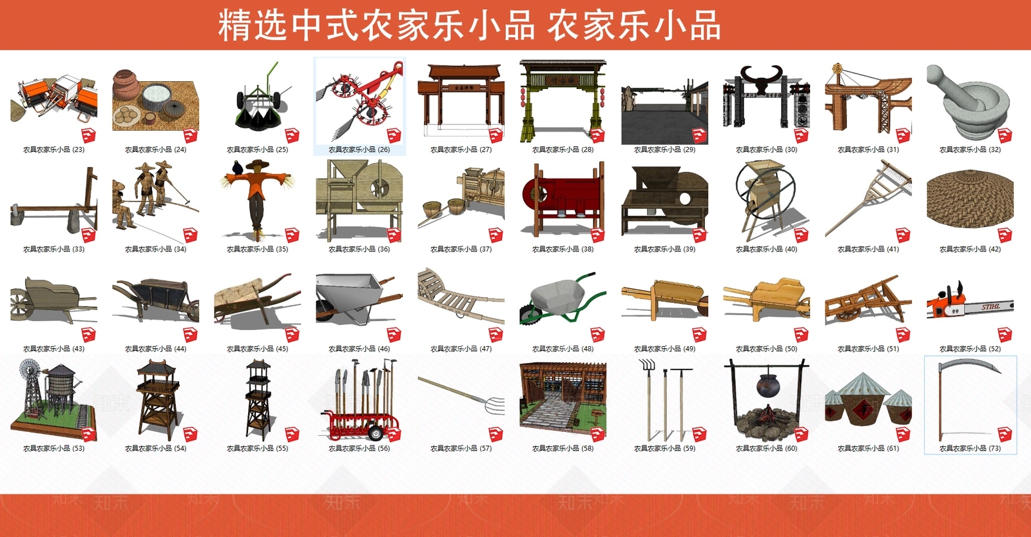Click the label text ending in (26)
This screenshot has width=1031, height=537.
(x=359, y=150)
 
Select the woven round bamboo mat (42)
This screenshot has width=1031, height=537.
(x=969, y=196)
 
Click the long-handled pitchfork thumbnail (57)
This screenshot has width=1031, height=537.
(x=461, y=393)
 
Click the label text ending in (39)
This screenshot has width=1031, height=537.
(x=664, y=249)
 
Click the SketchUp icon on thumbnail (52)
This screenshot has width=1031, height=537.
(x=1005, y=334)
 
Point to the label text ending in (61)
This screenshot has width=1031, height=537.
(x=868, y=449)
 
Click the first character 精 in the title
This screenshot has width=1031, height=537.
(x=235, y=26)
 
